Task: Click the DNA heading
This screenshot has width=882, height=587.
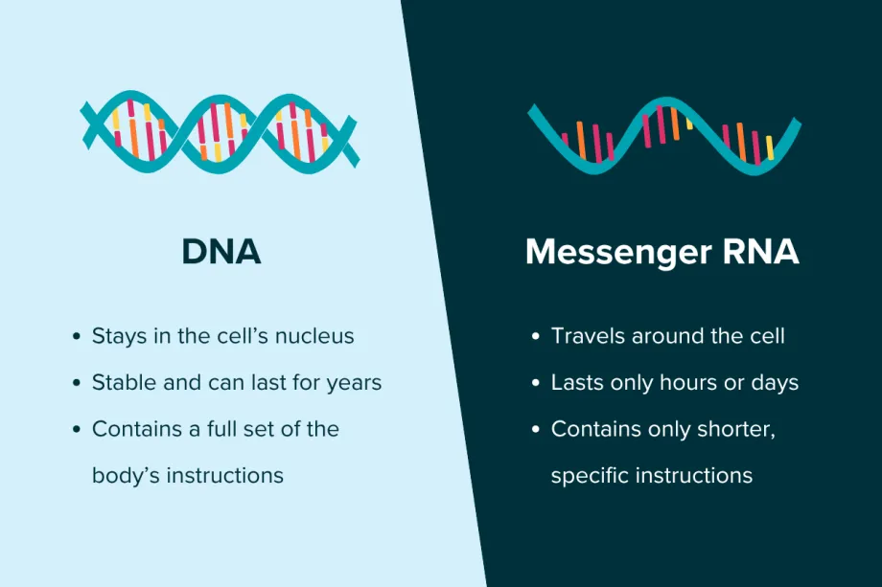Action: pyautogui.click(x=221, y=251)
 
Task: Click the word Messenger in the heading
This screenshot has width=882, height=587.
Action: pyautogui.click(x=618, y=253)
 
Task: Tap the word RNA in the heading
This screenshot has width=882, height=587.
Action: pyautogui.click(x=760, y=251)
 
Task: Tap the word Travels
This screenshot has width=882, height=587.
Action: pyautogui.click(x=588, y=336)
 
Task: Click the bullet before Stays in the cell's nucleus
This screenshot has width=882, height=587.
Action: pyautogui.click(x=77, y=336)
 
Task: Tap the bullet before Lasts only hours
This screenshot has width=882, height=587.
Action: pyautogui.click(x=536, y=383)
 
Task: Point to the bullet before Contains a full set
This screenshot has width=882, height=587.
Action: pyautogui.click(x=77, y=430)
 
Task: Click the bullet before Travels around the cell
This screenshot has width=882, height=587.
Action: pyautogui.click(x=536, y=336)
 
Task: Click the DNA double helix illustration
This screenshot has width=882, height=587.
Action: pyautogui.click(x=219, y=131)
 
